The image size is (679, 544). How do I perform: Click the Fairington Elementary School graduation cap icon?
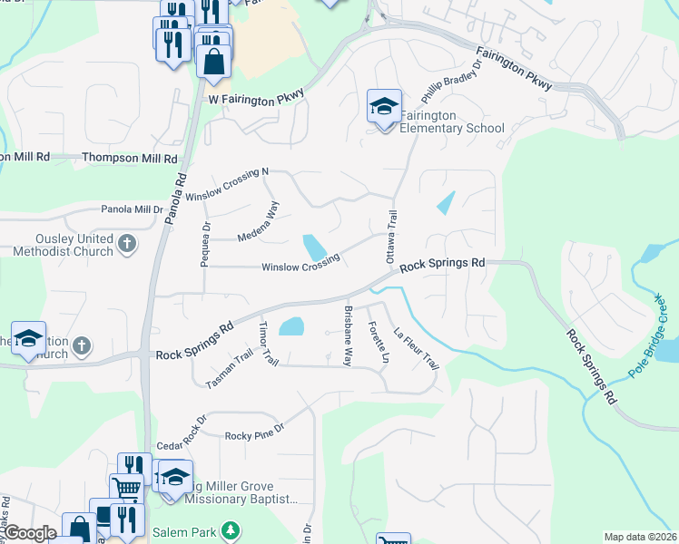[x=383, y=107]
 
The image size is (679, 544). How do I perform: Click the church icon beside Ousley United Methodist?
[x=127, y=243]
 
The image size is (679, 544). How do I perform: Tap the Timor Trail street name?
[x=266, y=344]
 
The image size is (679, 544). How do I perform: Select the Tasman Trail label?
[x=228, y=371]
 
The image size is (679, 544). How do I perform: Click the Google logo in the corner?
[x=30, y=533]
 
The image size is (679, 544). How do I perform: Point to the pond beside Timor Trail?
[x=290, y=326]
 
